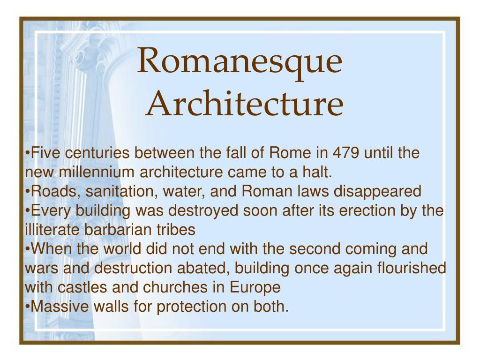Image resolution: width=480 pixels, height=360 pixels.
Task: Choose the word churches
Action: pos(173,287)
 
